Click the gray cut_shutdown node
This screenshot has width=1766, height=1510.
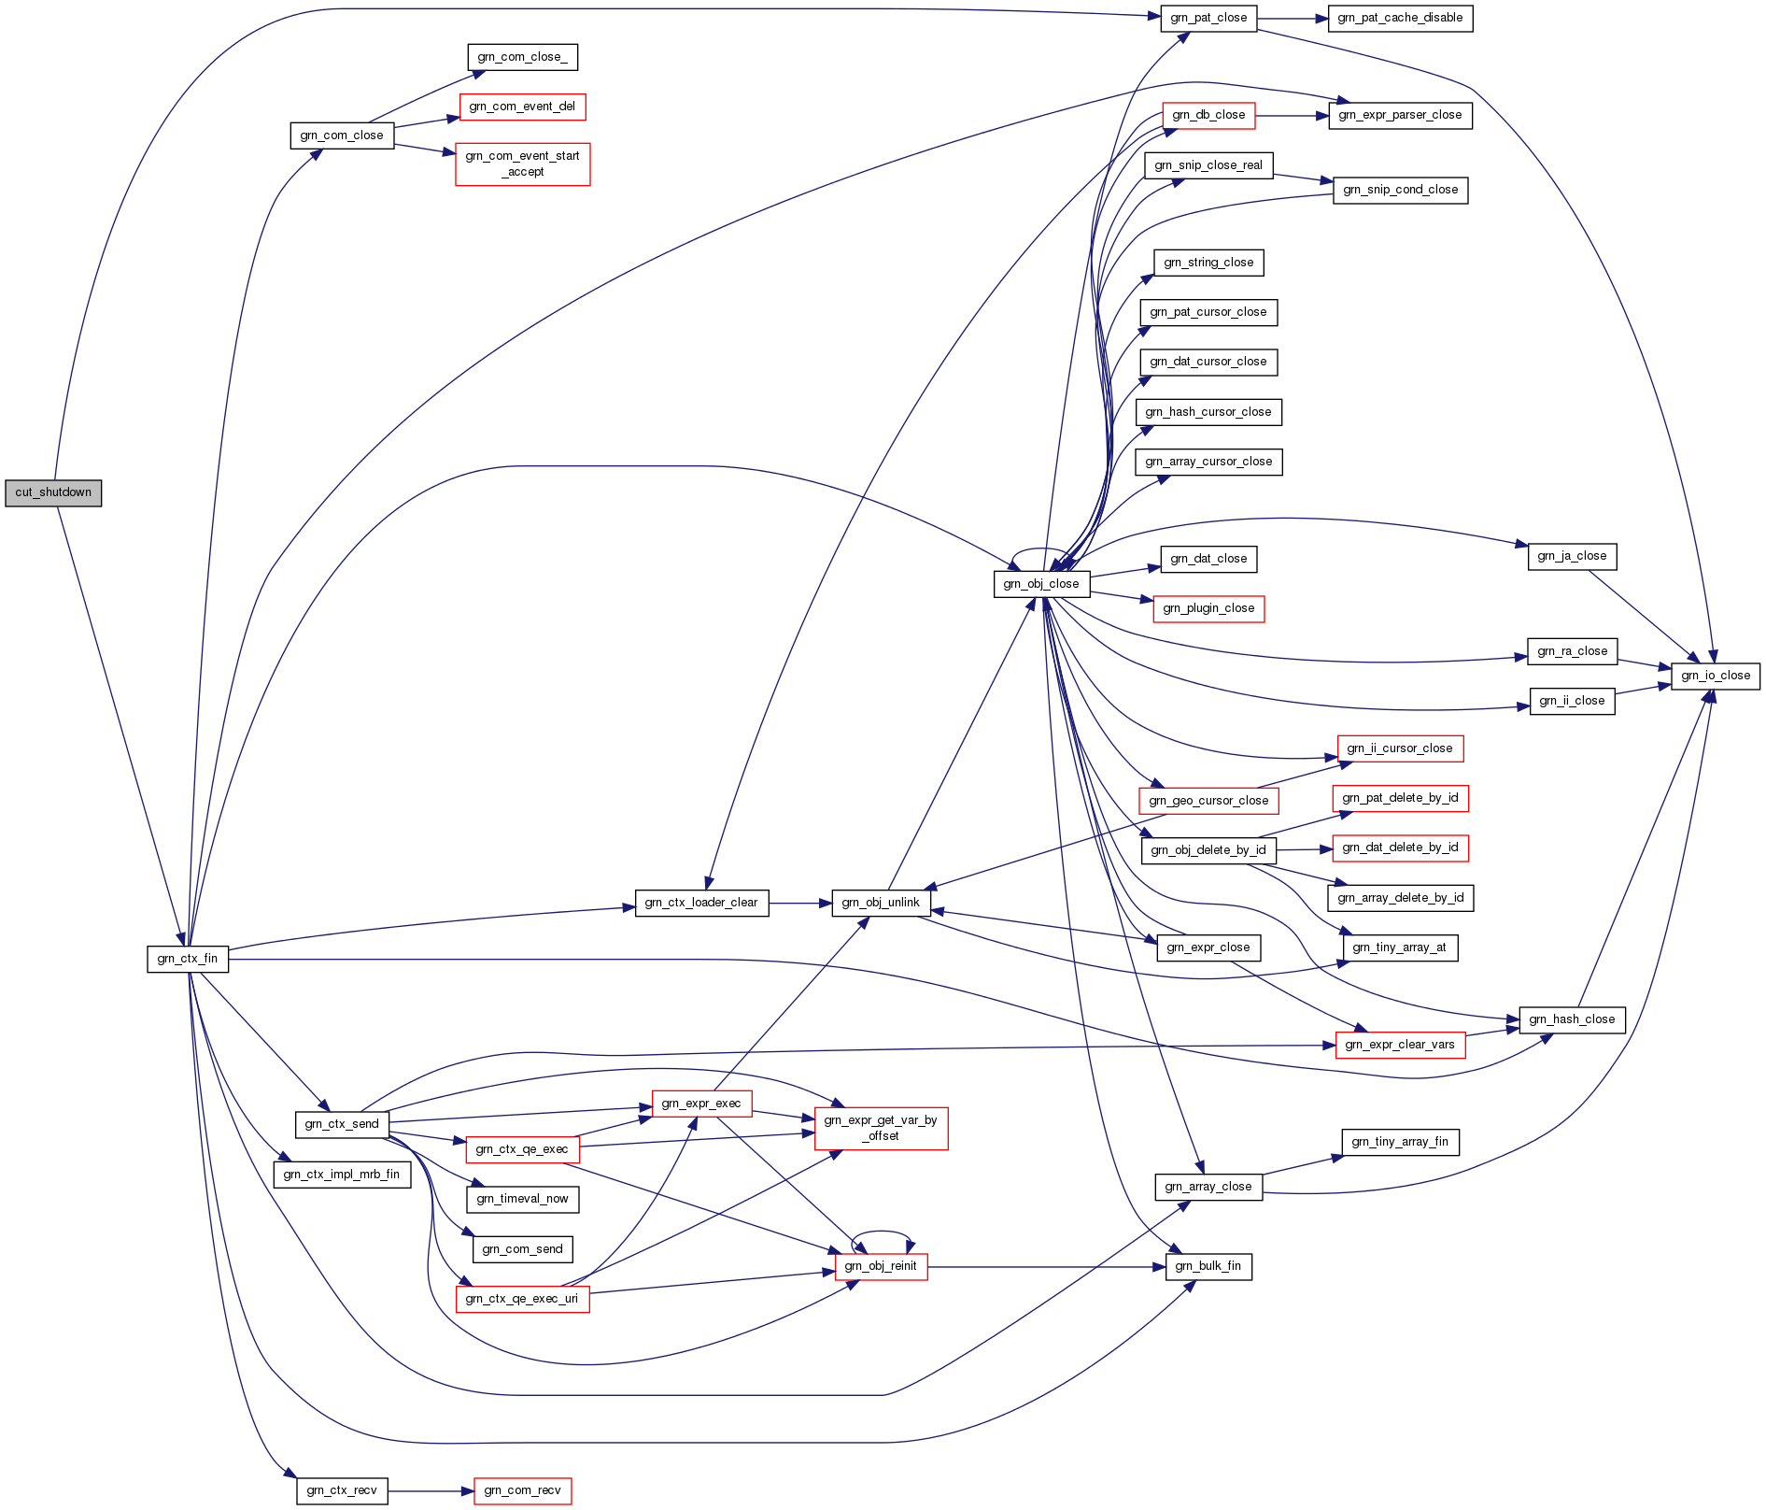pyautogui.click(x=53, y=492)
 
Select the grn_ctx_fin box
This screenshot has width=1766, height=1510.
pyautogui.click(x=188, y=959)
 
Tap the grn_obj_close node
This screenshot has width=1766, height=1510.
pyautogui.click(x=1041, y=584)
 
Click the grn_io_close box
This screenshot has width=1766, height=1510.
pyautogui.click(x=1716, y=676)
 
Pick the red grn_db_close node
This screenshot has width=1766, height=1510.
pyautogui.click(x=1208, y=115)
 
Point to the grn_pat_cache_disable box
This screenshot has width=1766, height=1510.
pyautogui.click(x=1400, y=18)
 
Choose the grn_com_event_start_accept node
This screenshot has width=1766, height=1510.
pyautogui.click(x=523, y=164)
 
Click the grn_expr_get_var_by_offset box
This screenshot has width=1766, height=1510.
pyautogui.click(x=881, y=1128)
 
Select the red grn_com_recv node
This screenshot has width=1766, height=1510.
pyautogui.click(x=522, y=1490)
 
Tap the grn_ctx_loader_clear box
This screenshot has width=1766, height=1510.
pyautogui.click(x=701, y=903)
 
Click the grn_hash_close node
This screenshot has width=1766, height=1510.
pyautogui.click(x=1572, y=1019)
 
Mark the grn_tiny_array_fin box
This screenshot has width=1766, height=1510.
pyautogui.click(x=1400, y=1142)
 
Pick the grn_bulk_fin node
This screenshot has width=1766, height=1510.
pyautogui.click(x=1208, y=1266)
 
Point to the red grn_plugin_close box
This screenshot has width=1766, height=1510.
pyautogui.click(x=1208, y=608)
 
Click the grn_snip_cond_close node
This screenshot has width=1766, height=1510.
pyautogui.click(x=1400, y=190)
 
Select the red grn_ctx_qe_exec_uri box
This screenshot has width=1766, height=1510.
pyautogui.click(x=522, y=1299)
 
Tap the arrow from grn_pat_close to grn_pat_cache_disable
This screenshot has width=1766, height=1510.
pyautogui.click(x=1293, y=18)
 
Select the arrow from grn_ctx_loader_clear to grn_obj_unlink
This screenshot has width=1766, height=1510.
pyautogui.click(x=800, y=903)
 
